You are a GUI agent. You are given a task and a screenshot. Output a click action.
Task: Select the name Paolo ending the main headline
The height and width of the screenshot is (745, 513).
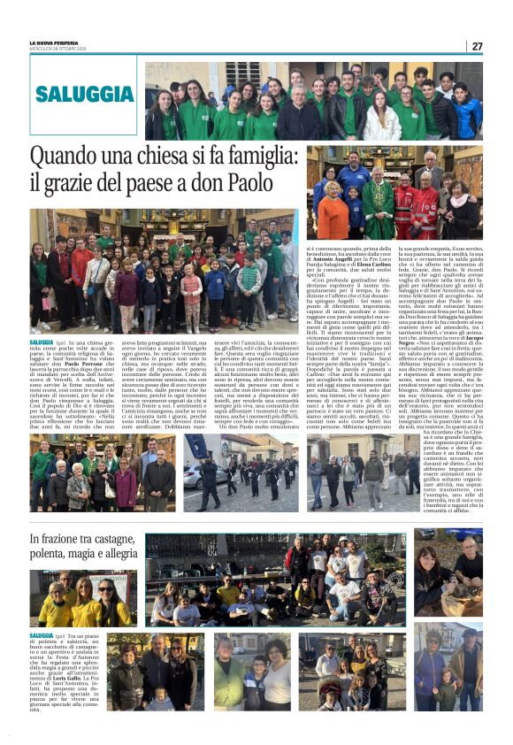(254, 184)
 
